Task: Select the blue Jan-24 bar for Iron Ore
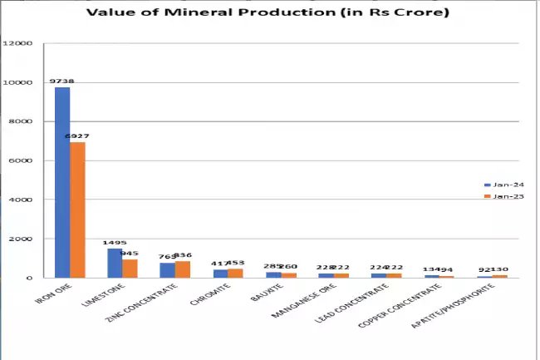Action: [62, 182]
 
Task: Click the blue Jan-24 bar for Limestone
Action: [115, 263]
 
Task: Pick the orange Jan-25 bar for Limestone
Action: [130, 268]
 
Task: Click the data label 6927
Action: [77, 136]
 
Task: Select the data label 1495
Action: [115, 244]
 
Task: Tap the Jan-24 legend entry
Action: [505, 184]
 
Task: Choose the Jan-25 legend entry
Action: [505, 196]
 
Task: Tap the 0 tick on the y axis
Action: [31, 278]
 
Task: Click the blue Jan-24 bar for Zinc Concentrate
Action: [167, 270]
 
